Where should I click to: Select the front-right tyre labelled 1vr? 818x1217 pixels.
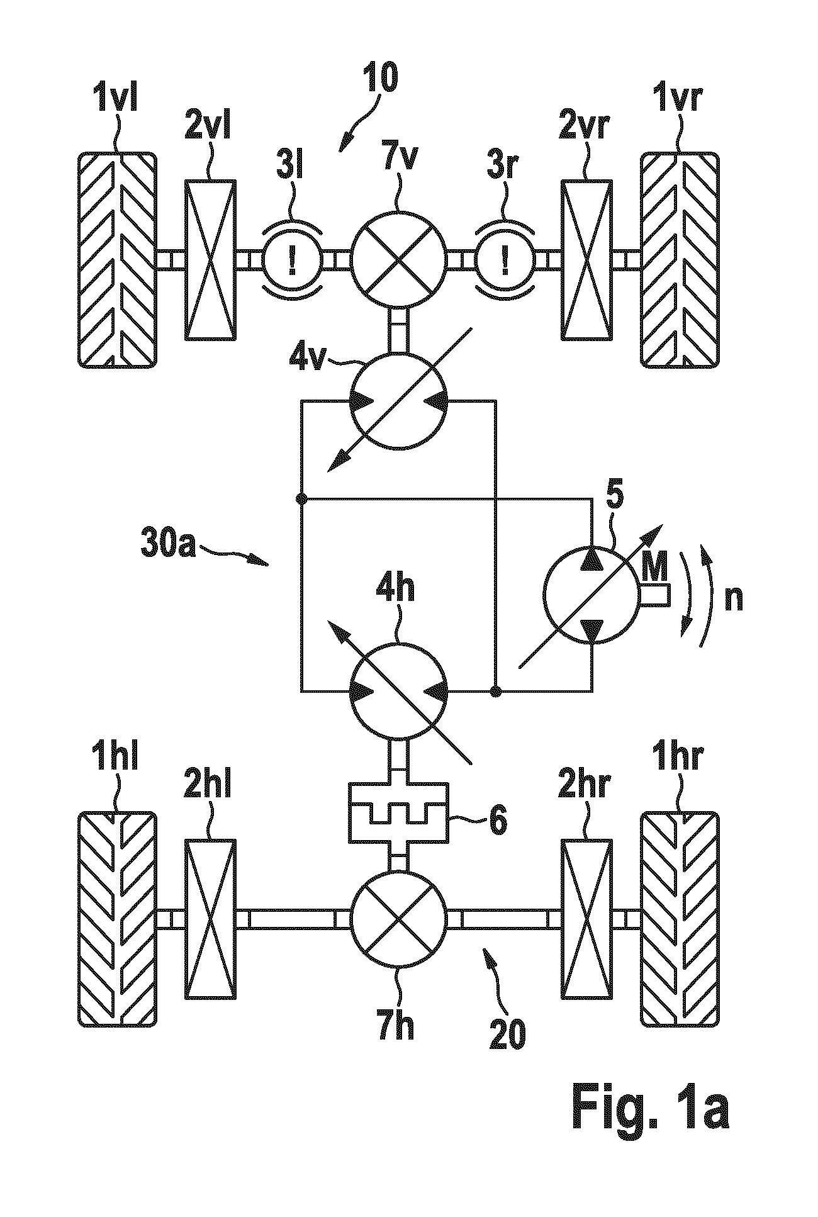(680, 259)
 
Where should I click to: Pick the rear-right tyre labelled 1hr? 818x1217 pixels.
(680, 919)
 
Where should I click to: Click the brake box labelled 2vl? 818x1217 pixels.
(211, 259)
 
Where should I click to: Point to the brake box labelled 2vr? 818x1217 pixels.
(586, 259)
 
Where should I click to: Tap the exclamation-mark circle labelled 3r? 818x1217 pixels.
(505, 259)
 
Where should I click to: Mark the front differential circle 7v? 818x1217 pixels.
(398, 259)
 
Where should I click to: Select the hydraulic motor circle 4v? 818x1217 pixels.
(398, 401)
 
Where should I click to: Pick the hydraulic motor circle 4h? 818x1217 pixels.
(398, 691)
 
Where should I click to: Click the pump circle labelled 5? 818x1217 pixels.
(591, 595)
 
